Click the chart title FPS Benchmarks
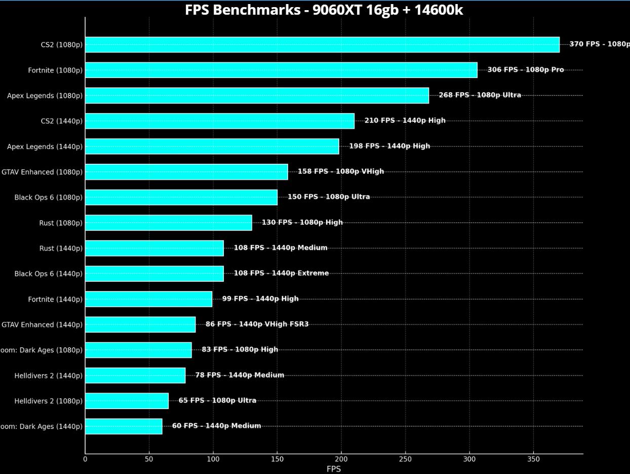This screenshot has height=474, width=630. click(324, 10)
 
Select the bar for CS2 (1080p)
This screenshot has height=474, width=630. click(322, 45)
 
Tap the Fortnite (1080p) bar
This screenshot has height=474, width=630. click(281, 70)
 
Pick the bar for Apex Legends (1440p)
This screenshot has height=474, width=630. click(212, 147)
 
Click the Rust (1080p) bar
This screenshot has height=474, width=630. click(168, 223)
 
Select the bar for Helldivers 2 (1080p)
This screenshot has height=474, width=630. click(127, 400)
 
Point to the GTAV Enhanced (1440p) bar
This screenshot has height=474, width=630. click(140, 324)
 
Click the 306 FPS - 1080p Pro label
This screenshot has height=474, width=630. click(525, 70)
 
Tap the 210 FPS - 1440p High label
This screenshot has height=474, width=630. click(405, 121)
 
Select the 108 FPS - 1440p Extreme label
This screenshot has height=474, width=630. click(281, 273)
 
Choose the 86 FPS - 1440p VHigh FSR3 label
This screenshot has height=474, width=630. click(257, 324)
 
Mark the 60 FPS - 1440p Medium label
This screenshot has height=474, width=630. click(216, 426)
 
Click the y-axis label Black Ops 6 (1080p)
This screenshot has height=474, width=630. click(48, 198)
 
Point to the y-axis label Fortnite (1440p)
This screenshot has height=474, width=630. click(55, 300)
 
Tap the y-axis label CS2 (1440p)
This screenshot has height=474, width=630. click(61, 121)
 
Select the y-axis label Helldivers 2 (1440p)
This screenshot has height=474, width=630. click(48, 376)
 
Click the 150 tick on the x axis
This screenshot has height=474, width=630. click(277, 459)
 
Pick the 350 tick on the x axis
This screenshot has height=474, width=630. click(533, 459)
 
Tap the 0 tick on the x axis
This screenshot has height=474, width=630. click(85, 459)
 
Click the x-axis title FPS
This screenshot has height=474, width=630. click(334, 469)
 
